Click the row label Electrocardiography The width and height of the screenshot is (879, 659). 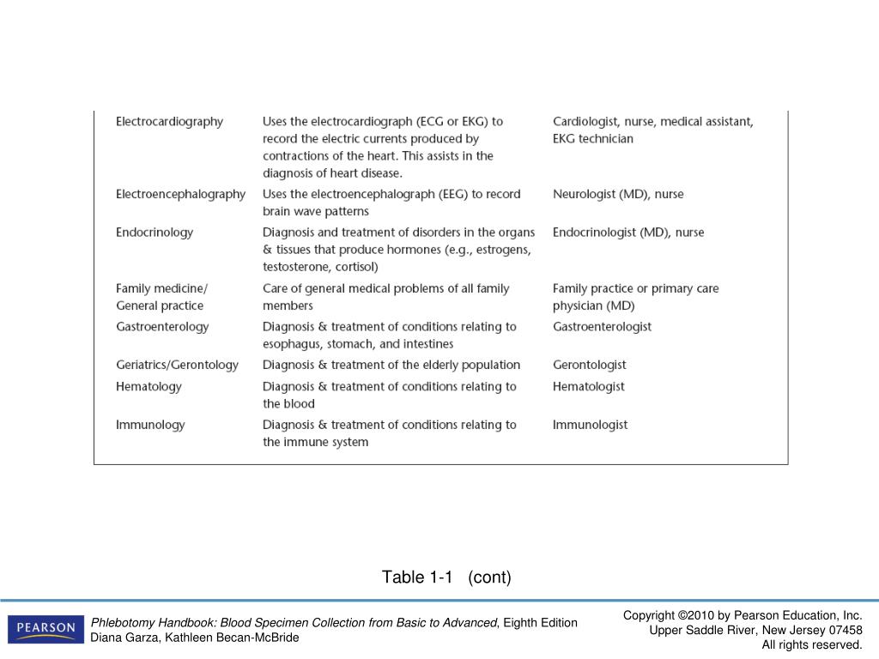pos(169,122)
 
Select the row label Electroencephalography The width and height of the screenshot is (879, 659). pos(180,195)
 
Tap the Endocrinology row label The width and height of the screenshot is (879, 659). pos(155,233)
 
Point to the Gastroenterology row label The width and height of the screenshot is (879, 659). pos(162,327)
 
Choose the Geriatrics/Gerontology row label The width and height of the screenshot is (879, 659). pos(177,366)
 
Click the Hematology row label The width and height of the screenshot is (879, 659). pos(149,387)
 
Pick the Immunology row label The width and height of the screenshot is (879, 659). pos(150,425)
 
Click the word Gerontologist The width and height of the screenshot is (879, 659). pos(589,366)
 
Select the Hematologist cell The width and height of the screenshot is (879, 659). pos(588,387)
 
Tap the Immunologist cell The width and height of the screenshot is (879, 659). pos(590,425)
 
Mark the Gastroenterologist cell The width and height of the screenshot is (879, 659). pos(602,327)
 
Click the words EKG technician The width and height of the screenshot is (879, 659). pos(592,139)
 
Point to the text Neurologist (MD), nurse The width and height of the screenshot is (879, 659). pos(618,195)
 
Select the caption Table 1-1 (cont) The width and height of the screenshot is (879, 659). pos(446,577)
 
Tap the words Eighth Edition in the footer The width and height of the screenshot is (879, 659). pos(540,623)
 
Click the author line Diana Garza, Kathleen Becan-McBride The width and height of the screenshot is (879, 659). pos(195,638)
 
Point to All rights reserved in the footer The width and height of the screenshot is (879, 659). pos(811,644)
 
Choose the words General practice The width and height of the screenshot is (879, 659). pos(160,306)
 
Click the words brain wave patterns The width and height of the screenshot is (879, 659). pos(315,212)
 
